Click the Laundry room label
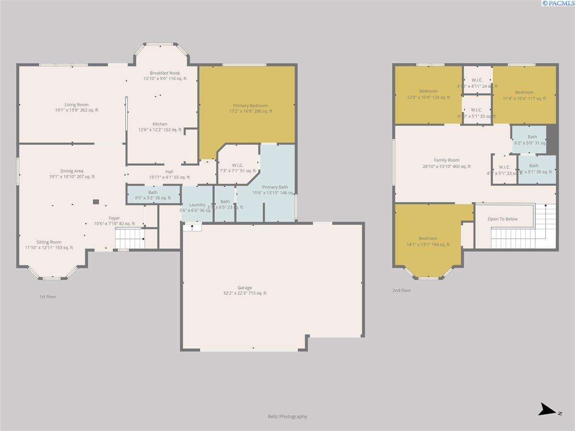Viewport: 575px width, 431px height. pyautogui.click(x=197, y=205)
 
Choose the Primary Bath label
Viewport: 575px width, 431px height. pyautogui.click(x=275, y=187)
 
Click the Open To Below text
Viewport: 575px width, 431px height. pyautogui.click(x=503, y=219)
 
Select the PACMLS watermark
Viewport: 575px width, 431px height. pyautogui.click(x=558, y=3)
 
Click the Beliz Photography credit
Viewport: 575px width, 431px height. pyautogui.click(x=287, y=417)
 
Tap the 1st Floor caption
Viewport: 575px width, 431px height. pyautogui.click(x=47, y=297)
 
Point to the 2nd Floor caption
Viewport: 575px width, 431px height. pyautogui.click(x=402, y=290)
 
